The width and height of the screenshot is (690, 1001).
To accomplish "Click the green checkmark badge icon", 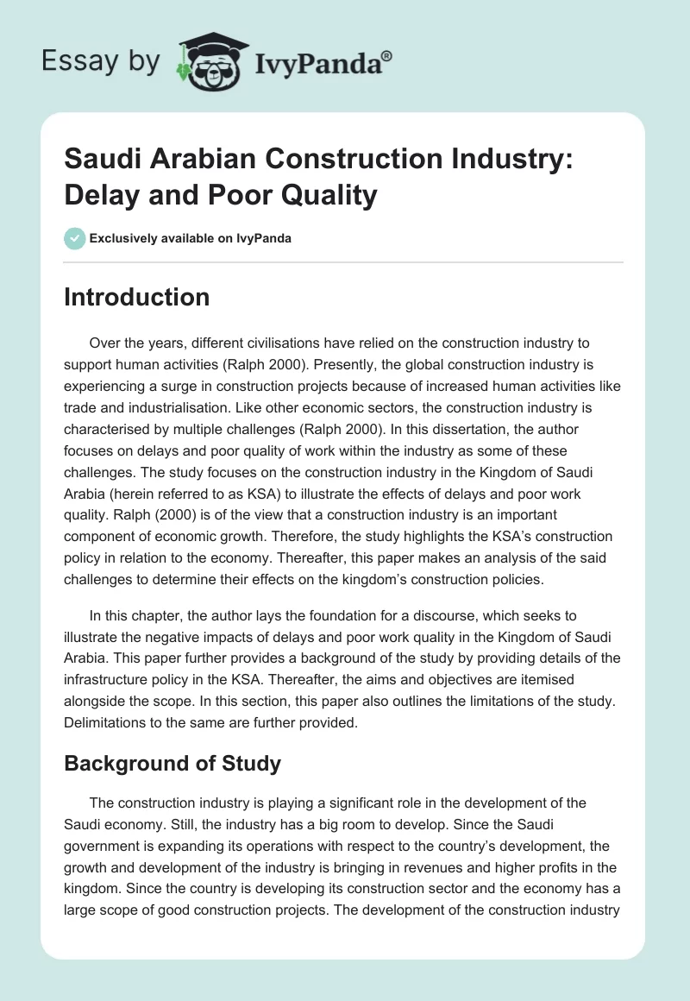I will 75,238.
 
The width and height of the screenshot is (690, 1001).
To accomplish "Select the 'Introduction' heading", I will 137,297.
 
